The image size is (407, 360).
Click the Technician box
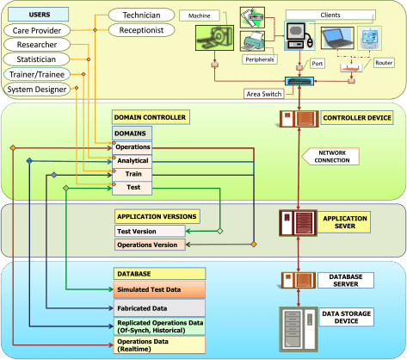click(x=139, y=15)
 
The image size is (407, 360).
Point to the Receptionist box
click(x=141, y=30)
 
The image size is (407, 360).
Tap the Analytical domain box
click(x=133, y=161)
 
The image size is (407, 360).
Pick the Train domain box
click(x=133, y=174)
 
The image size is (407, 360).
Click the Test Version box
click(x=148, y=232)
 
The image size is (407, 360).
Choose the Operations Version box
click(x=148, y=245)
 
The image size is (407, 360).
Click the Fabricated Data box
click(x=159, y=307)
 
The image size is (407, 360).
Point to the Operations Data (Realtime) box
click(x=159, y=345)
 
